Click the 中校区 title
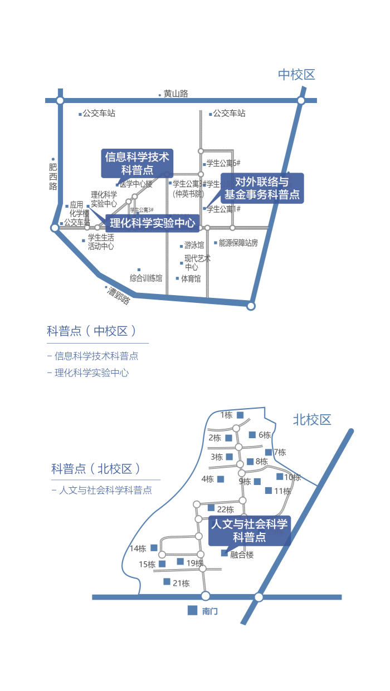click(297, 75)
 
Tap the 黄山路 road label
click(175, 94)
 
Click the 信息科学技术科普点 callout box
click(137, 163)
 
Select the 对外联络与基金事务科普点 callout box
click(262, 188)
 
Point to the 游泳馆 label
click(194, 245)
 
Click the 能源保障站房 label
click(238, 243)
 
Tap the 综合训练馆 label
click(146, 278)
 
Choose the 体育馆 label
click(191, 278)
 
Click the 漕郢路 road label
click(119, 295)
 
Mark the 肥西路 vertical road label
click(53, 177)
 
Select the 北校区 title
click(312, 420)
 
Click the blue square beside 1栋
click(240, 415)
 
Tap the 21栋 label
click(181, 584)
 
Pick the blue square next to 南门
click(192, 610)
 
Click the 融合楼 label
click(242, 555)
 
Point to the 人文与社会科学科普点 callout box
click(249, 530)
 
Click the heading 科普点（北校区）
click(95, 469)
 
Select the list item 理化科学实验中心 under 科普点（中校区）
click(91, 373)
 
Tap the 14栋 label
click(138, 548)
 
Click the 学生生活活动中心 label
click(101, 242)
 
